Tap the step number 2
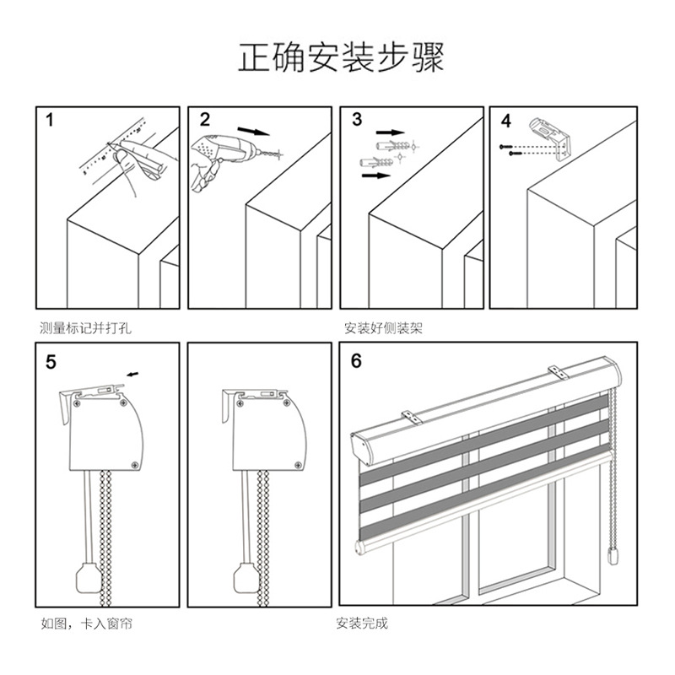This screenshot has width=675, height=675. coord(204,120)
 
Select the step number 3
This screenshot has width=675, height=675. coord(357,120)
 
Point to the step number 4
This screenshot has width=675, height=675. coord(506,121)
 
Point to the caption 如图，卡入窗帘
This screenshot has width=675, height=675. coord(86,624)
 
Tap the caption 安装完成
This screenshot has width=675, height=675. coord(362,624)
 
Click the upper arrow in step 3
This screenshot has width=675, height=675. coord(390,132)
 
